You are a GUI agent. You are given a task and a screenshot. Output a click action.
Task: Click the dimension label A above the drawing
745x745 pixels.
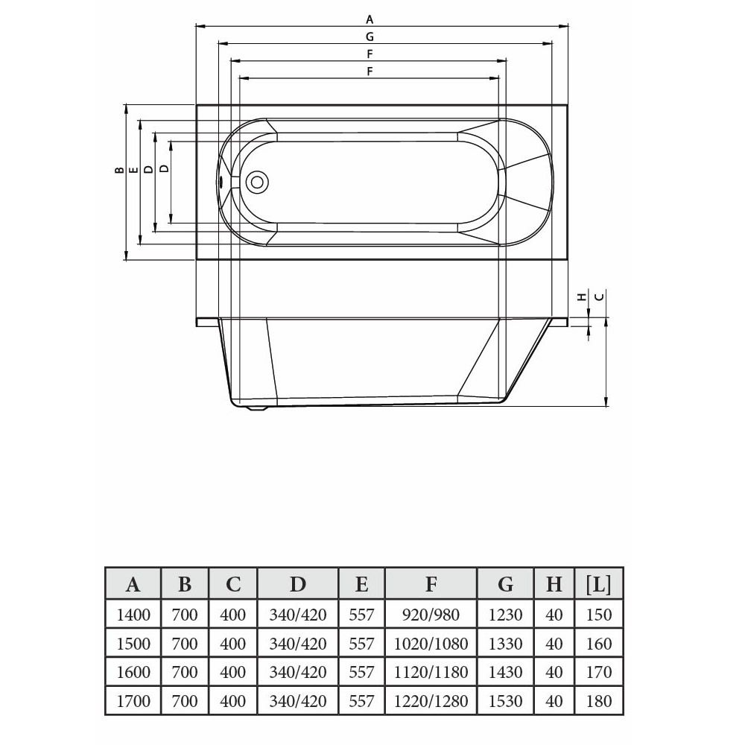(370, 19)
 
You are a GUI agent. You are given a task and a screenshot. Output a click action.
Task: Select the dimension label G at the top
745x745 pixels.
(370, 37)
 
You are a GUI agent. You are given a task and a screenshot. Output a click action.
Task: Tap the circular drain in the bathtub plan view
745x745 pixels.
(257, 182)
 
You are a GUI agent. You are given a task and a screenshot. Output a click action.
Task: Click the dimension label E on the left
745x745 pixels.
(134, 170)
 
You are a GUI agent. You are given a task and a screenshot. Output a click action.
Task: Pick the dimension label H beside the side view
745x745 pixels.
(581, 297)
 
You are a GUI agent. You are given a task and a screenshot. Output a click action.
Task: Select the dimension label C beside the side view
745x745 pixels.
(600, 297)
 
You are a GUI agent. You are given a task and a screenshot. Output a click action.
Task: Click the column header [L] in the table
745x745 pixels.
(599, 583)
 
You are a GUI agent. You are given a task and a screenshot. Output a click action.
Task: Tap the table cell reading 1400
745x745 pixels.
(133, 615)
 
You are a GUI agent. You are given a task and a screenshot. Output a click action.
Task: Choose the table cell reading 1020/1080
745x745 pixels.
(431, 644)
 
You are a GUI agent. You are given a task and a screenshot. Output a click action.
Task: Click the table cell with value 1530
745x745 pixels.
(506, 701)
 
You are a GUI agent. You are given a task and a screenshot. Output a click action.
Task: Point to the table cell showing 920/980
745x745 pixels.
(431, 615)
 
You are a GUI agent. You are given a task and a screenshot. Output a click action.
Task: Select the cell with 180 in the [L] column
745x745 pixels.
(599, 701)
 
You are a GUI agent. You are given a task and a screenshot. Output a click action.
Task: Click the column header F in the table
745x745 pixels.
(431, 583)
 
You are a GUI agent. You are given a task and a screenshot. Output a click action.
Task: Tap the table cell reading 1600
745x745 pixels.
(133, 672)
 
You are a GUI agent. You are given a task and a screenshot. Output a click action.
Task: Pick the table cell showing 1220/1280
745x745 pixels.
(431, 701)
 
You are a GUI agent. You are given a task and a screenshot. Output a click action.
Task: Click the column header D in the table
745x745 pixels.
(297, 583)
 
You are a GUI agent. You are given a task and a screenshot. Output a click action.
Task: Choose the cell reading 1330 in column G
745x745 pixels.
(506, 644)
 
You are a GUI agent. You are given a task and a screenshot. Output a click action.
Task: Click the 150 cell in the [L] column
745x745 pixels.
(599, 615)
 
